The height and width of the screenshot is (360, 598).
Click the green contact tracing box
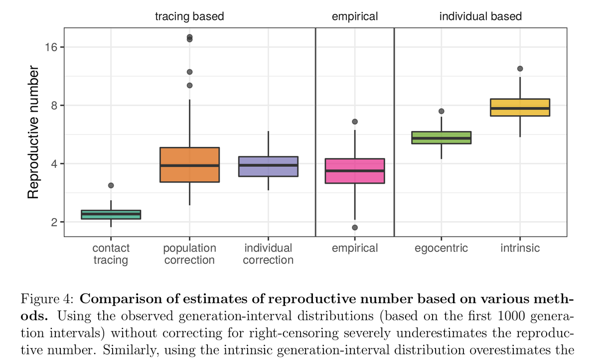[111, 215]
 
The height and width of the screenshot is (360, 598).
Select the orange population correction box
[189, 165]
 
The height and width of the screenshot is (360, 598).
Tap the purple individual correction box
[268, 166]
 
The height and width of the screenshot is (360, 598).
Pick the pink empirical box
[355, 171]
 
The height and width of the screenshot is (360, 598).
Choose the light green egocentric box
[441, 137]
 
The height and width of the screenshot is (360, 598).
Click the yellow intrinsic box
[520, 108]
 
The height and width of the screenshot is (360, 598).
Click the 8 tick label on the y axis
[54, 106]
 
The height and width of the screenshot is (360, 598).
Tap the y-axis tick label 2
[54, 222]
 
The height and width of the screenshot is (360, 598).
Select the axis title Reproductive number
[33, 131]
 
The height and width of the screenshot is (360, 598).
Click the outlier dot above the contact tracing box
[111, 185]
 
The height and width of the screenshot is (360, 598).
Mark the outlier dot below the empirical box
[355, 228]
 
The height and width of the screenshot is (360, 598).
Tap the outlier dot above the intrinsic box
[520, 69]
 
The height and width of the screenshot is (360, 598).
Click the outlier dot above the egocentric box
[441, 111]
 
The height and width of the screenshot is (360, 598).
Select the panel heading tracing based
[189, 16]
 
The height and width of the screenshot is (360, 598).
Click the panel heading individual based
[480, 16]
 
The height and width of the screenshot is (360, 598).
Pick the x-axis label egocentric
[441, 248]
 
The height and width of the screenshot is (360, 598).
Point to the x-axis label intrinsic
[520, 248]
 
